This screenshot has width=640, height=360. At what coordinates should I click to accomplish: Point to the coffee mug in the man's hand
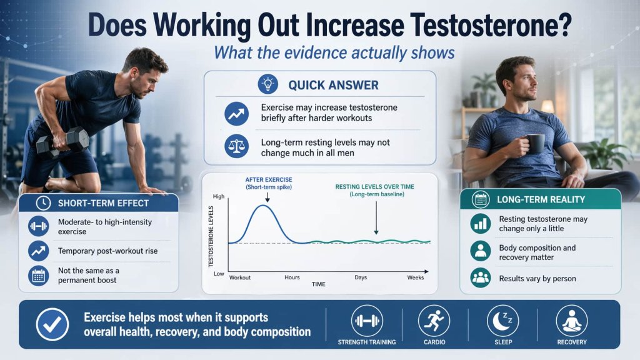pyautogui.click(x=534, y=143)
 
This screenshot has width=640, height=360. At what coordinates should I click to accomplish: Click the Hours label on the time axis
pyautogui.click(x=292, y=277)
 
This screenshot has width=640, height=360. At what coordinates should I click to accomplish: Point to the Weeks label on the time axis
pyautogui.click(x=415, y=277)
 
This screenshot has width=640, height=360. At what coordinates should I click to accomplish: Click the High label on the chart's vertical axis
pyautogui.click(x=218, y=197)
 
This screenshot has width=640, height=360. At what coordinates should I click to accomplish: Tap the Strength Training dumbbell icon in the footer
pyautogui.click(x=366, y=321)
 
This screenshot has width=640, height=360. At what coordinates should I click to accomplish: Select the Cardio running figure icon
pyautogui.click(x=434, y=321)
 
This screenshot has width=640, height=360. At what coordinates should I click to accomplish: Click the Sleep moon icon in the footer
pyautogui.click(x=502, y=321)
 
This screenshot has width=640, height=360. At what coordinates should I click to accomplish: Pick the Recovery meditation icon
pyautogui.click(x=571, y=321)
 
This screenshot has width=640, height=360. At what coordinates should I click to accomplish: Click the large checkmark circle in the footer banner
pyautogui.click(x=52, y=324)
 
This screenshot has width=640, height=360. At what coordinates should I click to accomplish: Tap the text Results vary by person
pyautogui.click(x=537, y=278)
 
